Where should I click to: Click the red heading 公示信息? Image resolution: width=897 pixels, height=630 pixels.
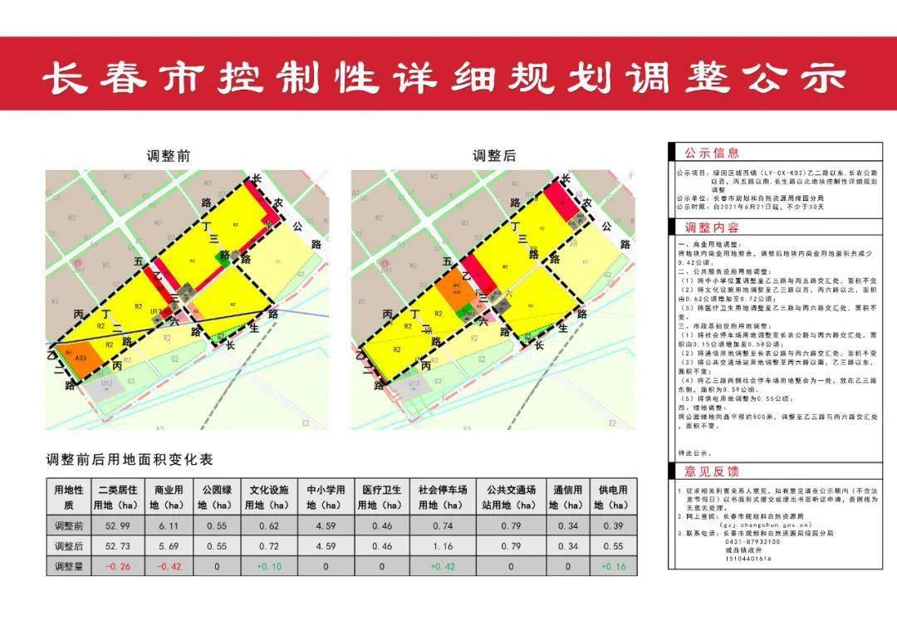click(x=711, y=154)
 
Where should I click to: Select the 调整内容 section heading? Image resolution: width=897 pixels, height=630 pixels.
click(x=711, y=227)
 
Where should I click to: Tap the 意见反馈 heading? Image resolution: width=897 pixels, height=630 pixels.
click(x=711, y=471)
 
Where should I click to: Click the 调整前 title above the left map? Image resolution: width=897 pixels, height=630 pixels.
click(x=169, y=156)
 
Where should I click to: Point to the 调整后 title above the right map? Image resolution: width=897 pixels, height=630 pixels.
click(x=494, y=156)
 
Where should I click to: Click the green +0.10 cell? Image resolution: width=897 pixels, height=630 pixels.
click(x=268, y=566)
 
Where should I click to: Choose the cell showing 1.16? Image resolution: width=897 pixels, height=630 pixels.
click(x=442, y=546)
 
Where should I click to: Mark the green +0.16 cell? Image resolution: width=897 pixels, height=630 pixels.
click(x=612, y=566)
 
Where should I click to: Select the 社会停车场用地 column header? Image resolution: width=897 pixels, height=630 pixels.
click(x=442, y=496)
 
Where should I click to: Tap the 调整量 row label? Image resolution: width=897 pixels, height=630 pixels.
click(x=69, y=566)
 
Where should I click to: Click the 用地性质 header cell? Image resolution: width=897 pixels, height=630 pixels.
click(x=69, y=496)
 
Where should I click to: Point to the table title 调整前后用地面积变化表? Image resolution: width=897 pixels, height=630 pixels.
click(x=130, y=460)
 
